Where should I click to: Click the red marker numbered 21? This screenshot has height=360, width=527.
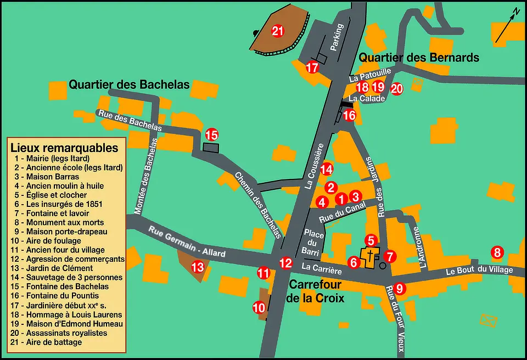[x=278, y=31]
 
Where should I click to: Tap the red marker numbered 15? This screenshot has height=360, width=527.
[x=212, y=134]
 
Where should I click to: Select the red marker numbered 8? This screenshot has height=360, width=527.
[x=497, y=252]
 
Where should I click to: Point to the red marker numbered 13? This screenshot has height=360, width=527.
[x=197, y=267]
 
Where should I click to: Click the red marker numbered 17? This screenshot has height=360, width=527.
[x=312, y=67]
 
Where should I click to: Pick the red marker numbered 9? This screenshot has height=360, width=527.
[x=400, y=288]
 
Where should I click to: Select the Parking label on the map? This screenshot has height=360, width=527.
[x=337, y=37]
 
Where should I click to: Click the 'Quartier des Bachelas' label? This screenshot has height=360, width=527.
[x=129, y=85]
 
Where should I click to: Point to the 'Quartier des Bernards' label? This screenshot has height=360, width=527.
[x=419, y=58]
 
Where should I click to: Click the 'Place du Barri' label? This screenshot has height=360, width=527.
[x=313, y=242]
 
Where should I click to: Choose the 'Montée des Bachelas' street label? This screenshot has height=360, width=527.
[x=147, y=175]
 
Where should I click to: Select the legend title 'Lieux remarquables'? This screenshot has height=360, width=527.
[x=64, y=148]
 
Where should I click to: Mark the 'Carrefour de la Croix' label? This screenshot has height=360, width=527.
[x=315, y=291]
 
